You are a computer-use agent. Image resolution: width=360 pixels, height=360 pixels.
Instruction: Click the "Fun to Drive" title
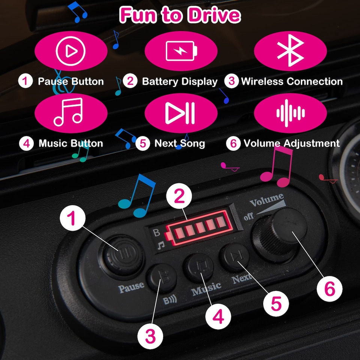(180, 15)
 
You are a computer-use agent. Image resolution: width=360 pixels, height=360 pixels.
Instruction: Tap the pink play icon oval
(71, 51)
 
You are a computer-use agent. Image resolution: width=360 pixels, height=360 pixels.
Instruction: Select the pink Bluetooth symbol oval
(290, 51)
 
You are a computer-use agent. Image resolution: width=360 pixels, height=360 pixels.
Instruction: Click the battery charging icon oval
(181, 51)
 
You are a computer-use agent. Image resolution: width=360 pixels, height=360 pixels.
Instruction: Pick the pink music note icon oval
(71, 113)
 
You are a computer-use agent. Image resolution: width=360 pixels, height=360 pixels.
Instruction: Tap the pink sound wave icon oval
(290, 113)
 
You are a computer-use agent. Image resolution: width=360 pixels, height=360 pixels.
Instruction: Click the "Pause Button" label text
(71, 81)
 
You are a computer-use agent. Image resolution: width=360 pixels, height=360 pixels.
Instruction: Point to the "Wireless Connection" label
(292, 81)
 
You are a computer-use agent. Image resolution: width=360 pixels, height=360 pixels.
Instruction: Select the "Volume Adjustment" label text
(292, 143)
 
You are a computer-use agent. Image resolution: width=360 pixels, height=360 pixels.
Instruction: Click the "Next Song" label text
(180, 143)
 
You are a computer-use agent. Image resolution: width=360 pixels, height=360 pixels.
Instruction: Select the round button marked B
(162, 278)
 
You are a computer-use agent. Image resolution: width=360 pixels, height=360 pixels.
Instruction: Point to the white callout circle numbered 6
(330, 289)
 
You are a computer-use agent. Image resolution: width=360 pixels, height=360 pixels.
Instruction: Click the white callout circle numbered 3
(150, 336)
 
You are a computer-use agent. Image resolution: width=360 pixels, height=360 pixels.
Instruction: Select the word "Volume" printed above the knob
(267, 200)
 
